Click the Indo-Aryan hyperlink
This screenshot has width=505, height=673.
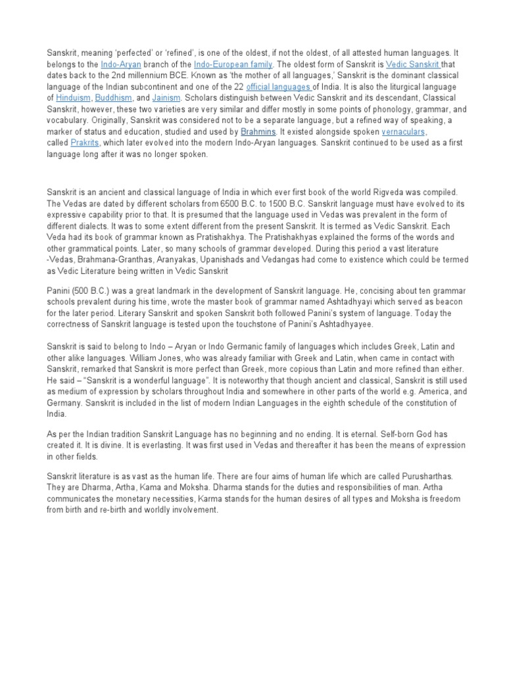coord(121,64)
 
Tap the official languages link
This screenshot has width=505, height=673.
coord(279,87)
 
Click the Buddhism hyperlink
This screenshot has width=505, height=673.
coord(115,98)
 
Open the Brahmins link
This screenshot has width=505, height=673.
coord(257,131)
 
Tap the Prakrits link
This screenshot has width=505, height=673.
coord(85,143)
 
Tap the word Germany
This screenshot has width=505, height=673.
coord(66,402)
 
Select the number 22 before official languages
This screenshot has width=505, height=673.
coord(237,87)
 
